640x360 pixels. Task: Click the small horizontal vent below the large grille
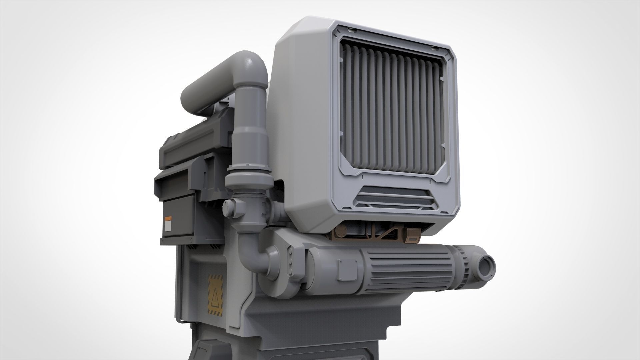(395, 198)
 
